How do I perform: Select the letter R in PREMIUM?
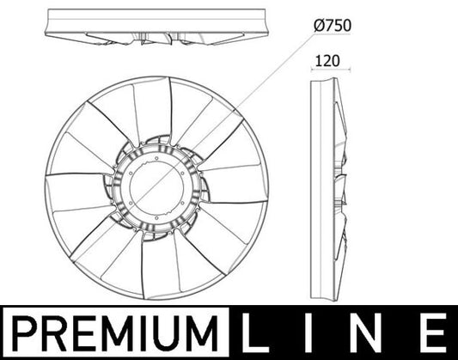pyautogui.click(x=52, y=333)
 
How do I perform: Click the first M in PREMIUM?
pyautogui.click(x=114, y=333)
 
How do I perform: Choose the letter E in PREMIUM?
pyautogui.click(x=82, y=333)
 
